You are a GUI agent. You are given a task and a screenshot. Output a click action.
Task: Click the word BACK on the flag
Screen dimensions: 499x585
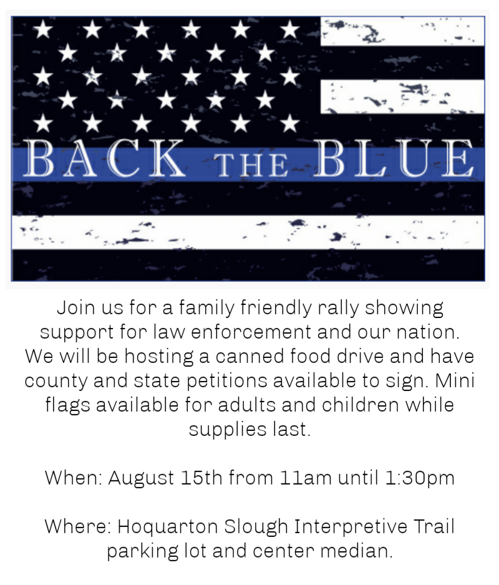(x=104, y=158)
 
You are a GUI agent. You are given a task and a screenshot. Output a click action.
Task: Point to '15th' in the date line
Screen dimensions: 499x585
(x=202, y=478)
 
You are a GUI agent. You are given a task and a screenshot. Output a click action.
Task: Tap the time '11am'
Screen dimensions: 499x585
(x=306, y=478)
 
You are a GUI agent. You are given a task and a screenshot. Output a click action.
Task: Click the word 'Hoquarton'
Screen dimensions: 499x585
(x=168, y=527)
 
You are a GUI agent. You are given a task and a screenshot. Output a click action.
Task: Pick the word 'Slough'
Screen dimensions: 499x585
(x=256, y=527)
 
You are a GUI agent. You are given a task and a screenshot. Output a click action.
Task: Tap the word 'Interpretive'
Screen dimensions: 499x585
(x=351, y=527)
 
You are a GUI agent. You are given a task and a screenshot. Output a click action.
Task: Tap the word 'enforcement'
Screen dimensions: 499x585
(x=251, y=332)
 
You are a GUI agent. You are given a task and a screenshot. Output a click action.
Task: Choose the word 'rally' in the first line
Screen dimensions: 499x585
(x=338, y=309)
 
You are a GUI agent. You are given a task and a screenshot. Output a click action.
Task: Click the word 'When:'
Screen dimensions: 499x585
(x=74, y=478)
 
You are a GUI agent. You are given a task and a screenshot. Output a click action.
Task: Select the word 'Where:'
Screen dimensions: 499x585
(x=78, y=526)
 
